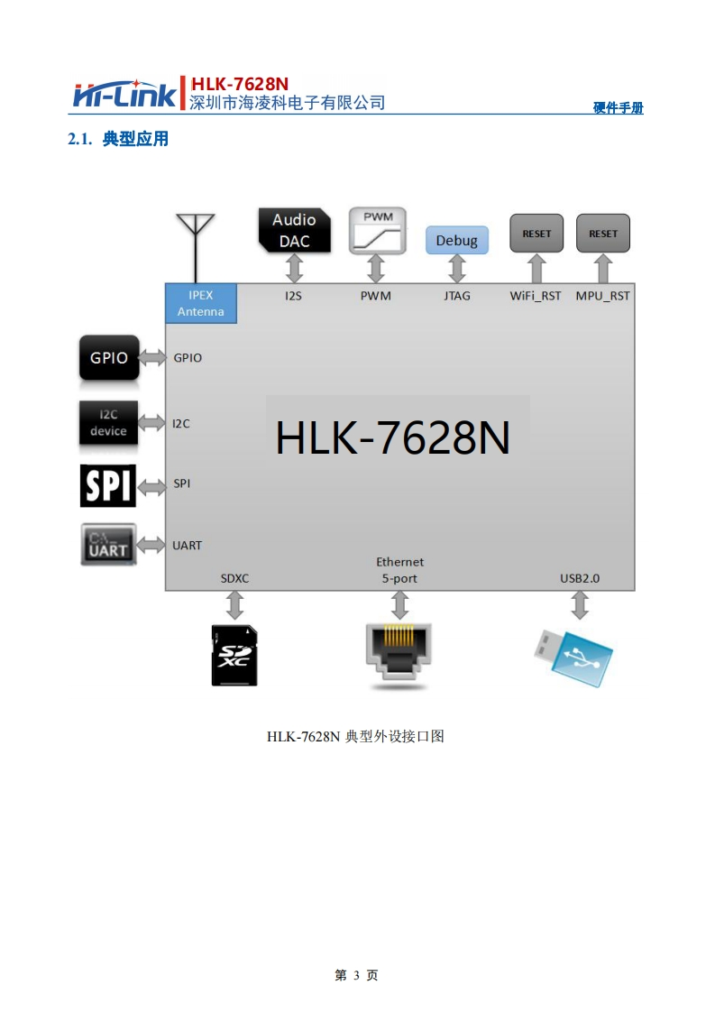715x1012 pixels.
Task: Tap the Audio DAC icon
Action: (x=294, y=230)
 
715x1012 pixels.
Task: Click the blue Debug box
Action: (x=456, y=240)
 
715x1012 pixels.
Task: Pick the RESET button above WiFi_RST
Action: (x=536, y=234)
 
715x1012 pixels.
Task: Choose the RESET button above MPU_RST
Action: (x=603, y=234)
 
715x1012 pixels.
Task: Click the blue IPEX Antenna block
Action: (x=201, y=303)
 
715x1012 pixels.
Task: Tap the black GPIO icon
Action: (x=109, y=358)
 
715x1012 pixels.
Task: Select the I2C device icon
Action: (x=108, y=423)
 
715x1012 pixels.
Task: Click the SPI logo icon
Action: (x=108, y=484)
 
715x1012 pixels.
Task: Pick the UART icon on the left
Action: (x=108, y=545)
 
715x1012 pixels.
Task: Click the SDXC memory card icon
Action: (x=234, y=655)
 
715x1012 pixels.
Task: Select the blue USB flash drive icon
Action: (x=572, y=653)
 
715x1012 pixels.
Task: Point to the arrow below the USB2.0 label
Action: (x=580, y=605)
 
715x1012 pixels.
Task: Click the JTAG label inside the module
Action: (x=457, y=296)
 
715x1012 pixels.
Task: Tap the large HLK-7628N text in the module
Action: (x=393, y=438)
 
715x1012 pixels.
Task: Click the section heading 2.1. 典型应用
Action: (x=118, y=140)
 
